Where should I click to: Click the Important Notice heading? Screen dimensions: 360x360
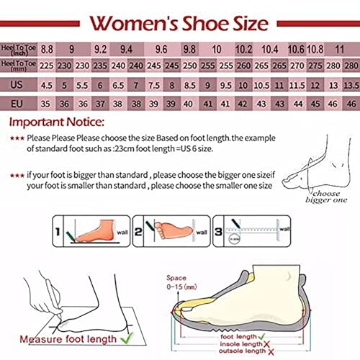tap(56, 121)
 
